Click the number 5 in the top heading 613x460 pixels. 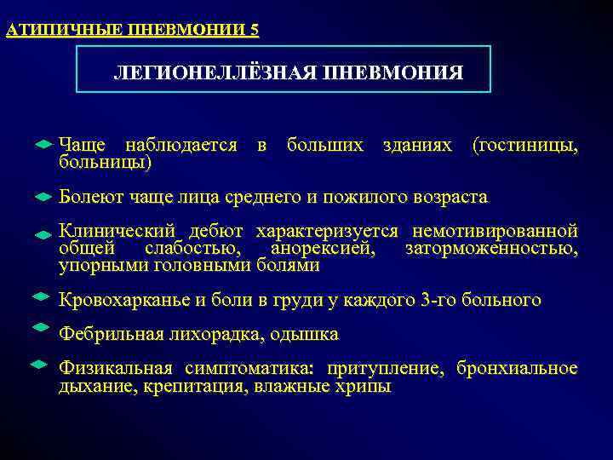pos(255,31)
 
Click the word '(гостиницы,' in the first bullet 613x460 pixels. pos(524,147)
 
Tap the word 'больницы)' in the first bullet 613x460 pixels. pos(105,161)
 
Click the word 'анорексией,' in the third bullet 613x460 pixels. pos(322,249)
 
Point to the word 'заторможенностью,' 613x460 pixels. pos(491,249)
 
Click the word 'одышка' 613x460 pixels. pos(308,334)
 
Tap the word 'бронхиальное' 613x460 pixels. pos(517,369)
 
